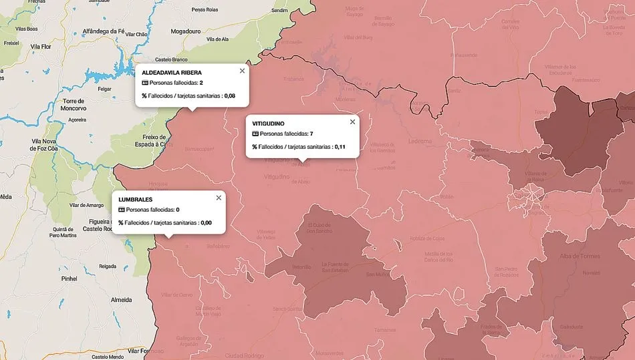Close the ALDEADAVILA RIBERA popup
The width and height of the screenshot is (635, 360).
point(242,71)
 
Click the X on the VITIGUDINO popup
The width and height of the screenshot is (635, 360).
point(352,122)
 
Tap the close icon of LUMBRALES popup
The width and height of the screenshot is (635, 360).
point(219,198)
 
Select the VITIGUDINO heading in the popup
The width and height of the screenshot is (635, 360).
point(268,124)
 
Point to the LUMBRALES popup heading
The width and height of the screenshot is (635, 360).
point(135,199)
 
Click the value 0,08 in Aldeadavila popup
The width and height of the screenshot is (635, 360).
point(229,96)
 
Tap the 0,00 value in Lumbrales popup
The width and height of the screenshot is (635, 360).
point(206,222)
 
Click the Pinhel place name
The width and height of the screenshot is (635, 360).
point(69,278)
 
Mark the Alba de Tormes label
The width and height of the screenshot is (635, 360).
point(580,256)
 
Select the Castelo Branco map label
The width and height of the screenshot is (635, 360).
point(169,59)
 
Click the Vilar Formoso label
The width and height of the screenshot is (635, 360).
point(146,351)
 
